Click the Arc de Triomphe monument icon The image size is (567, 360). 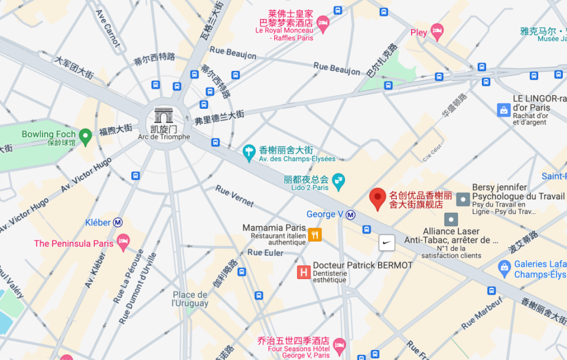coord(163,116)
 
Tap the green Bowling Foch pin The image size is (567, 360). coord(86,137)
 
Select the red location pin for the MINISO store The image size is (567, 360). coord(377,199)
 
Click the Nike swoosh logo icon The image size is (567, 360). coord(386,242)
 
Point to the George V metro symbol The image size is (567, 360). coord(351,215)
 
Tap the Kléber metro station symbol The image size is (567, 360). coord(118,222)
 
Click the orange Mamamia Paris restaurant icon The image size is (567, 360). coord(315,234)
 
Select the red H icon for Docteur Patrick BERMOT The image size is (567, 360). coord(304,272)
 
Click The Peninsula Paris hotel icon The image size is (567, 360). coord(123,242)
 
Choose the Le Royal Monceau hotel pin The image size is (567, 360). coord(322,23)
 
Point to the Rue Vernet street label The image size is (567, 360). coord(234,196)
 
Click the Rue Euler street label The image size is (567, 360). coord(265,252)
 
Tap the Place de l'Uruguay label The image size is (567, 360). coord(190,299)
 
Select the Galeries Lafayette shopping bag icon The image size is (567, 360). coord(504,269)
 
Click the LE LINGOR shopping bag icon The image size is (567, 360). coord(503,110)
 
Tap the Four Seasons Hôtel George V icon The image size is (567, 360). coord(339,345)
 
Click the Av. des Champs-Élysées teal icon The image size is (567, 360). coord(249,153)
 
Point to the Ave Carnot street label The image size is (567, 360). coord(107,28)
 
